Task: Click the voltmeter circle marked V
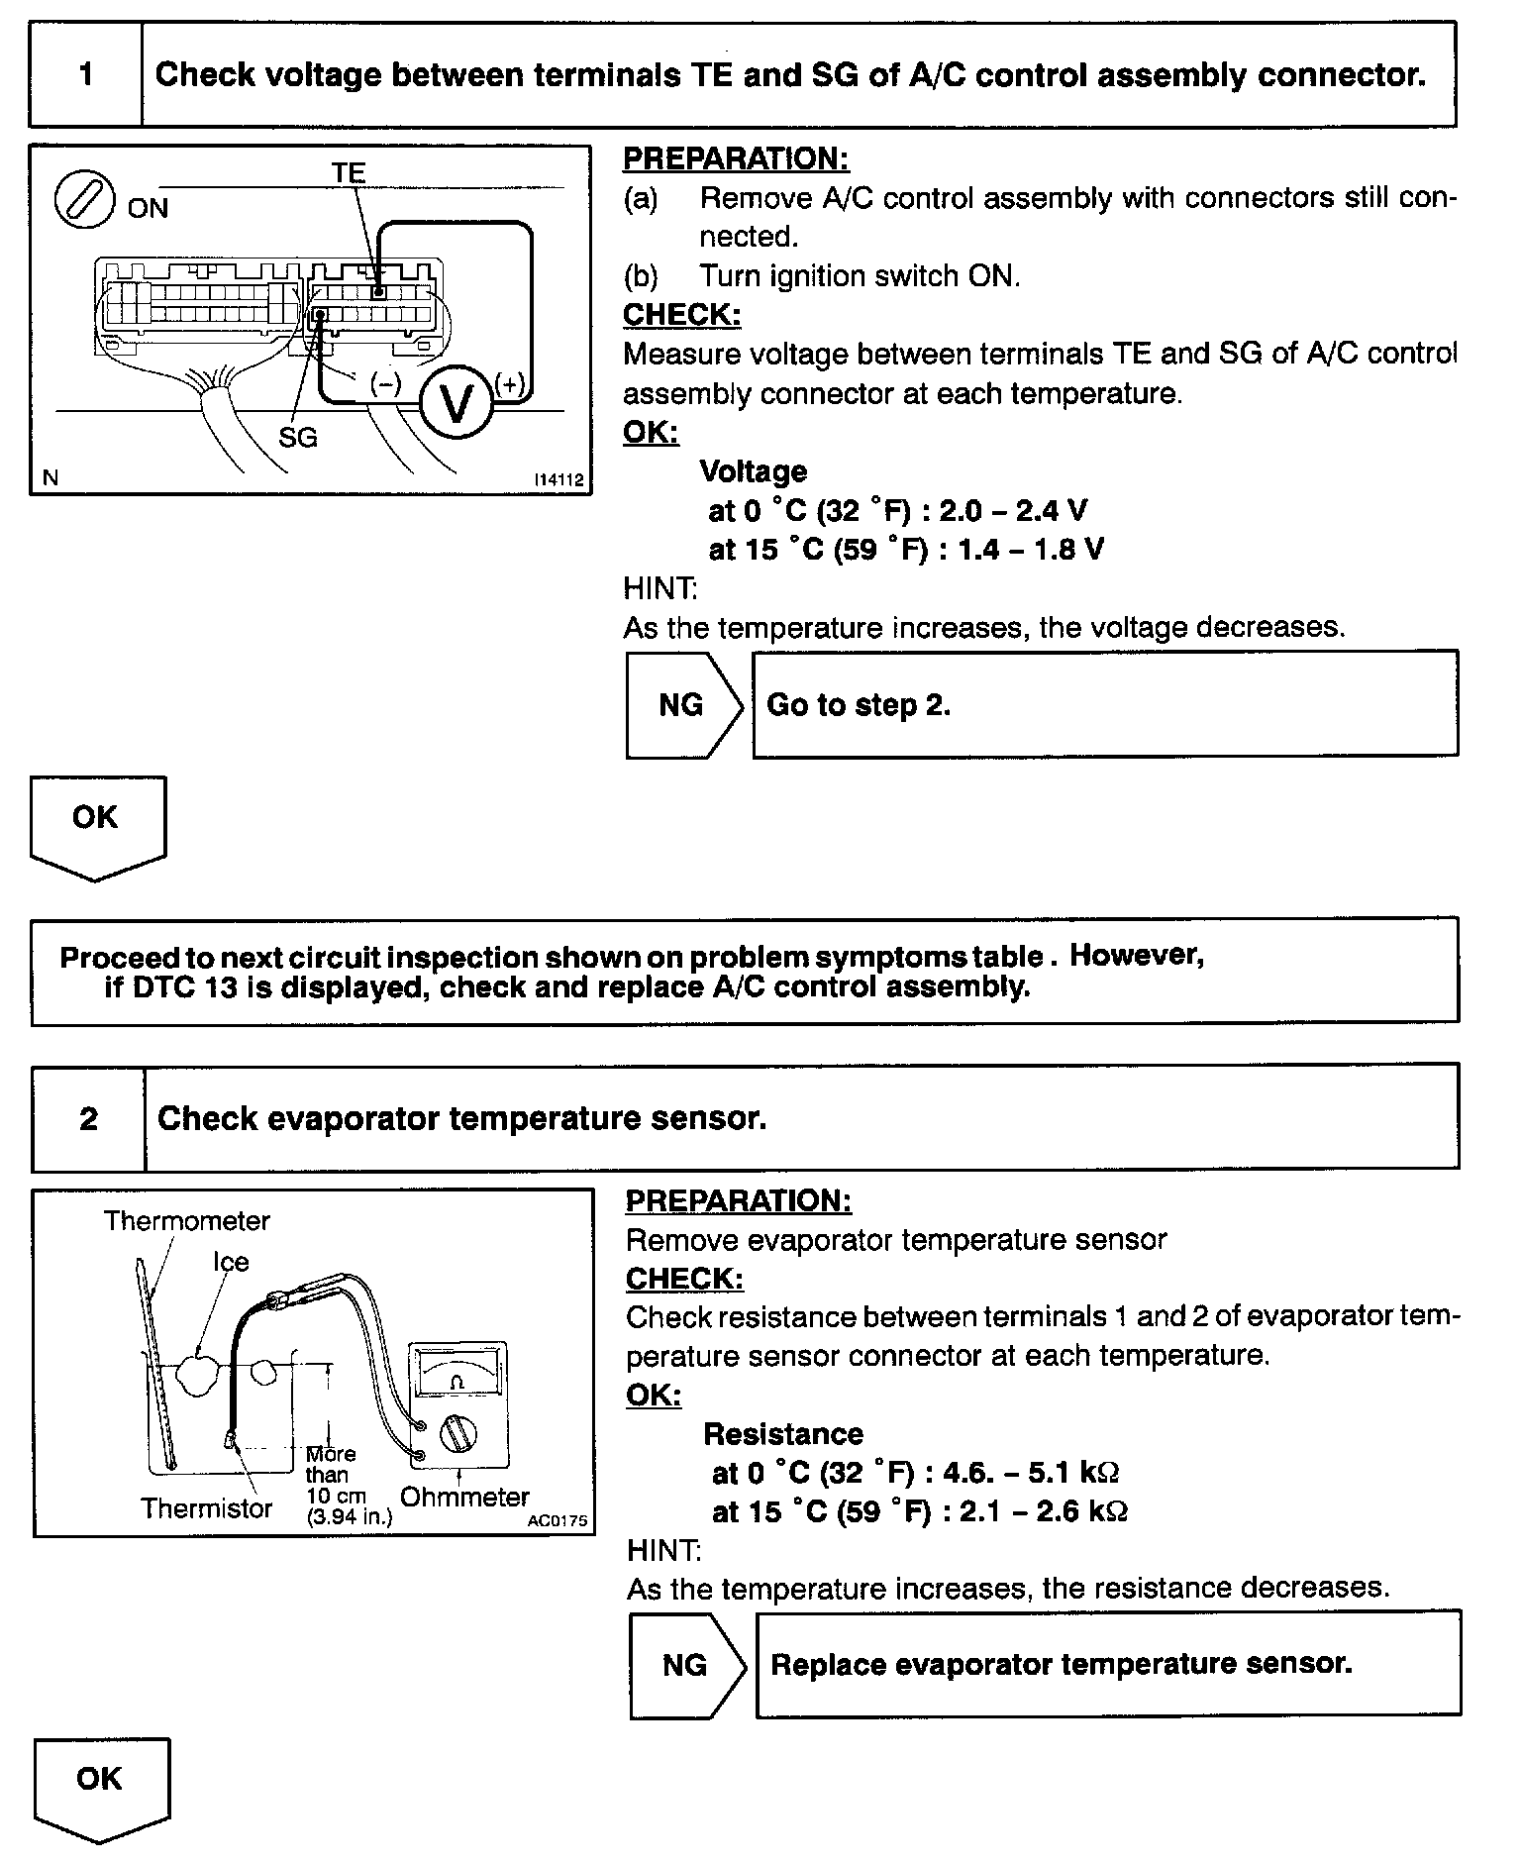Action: (x=456, y=403)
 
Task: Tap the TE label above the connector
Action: (x=349, y=173)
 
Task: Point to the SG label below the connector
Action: (x=297, y=437)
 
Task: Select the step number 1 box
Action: (x=86, y=74)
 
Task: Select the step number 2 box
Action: (x=88, y=1118)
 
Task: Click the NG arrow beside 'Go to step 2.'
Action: (x=682, y=705)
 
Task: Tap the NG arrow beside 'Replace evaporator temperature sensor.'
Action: (x=686, y=1664)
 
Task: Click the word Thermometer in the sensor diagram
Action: (x=186, y=1221)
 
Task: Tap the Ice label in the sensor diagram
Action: (x=231, y=1262)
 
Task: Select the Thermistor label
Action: (x=206, y=1508)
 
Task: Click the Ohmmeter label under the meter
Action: (x=464, y=1497)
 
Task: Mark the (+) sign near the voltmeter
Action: (x=510, y=384)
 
